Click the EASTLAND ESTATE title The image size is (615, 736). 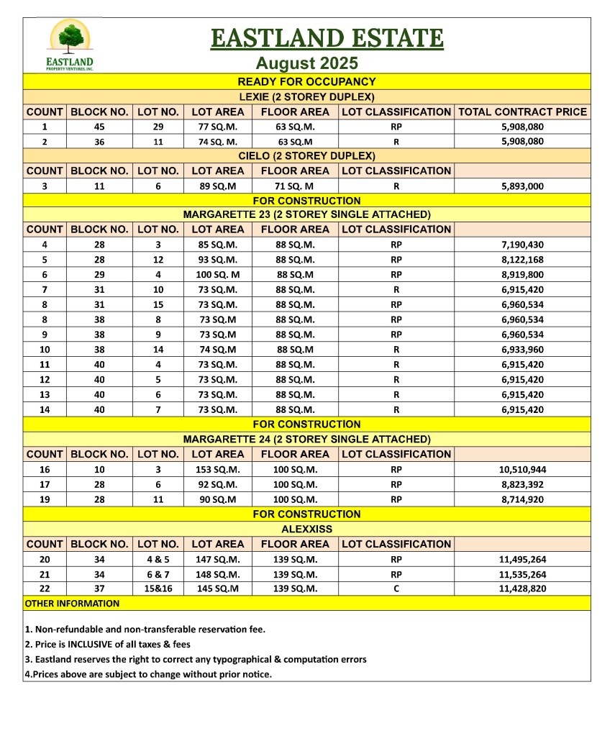click(x=327, y=37)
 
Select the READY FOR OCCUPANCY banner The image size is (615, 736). click(x=307, y=82)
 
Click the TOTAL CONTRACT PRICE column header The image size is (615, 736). click(x=522, y=112)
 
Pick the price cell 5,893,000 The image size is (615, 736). click(x=522, y=186)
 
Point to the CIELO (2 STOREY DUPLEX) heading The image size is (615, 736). click(x=307, y=155)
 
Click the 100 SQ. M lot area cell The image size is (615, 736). click(x=218, y=274)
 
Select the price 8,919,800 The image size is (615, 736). click(x=522, y=274)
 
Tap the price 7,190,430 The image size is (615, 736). click(x=522, y=245)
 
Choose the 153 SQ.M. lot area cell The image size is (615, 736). click(x=218, y=469)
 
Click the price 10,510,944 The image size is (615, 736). click(x=522, y=469)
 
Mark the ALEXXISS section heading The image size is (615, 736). click(x=307, y=529)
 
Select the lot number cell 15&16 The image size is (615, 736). click(x=158, y=589)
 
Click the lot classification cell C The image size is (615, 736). click(x=396, y=589)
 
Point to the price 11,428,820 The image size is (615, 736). click(x=522, y=589)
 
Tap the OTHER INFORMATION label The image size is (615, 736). click(x=72, y=603)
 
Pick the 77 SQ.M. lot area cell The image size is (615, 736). click(x=218, y=127)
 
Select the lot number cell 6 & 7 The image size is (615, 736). click(x=158, y=574)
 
